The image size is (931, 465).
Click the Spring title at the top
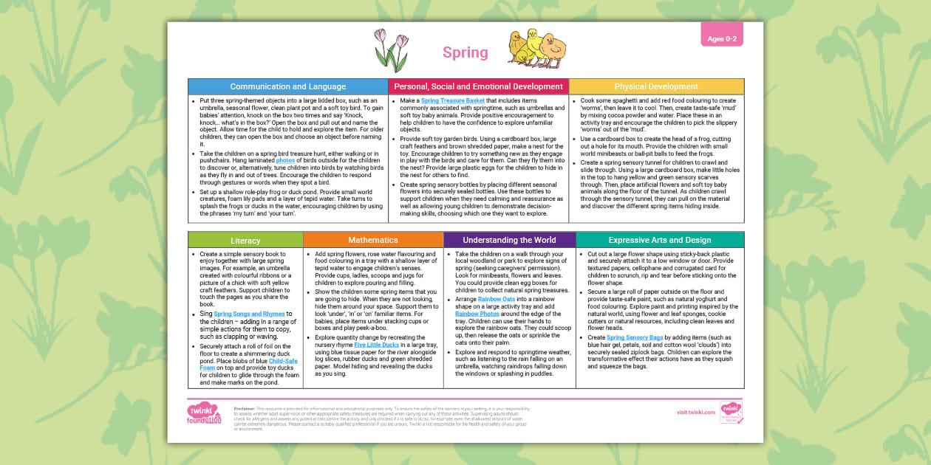(x=465, y=52)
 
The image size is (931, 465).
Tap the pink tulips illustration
(x=391, y=50)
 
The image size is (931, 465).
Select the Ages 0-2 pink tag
(x=722, y=38)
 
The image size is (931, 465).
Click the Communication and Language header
(x=288, y=86)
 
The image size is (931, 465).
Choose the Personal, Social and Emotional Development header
(x=478, y=86)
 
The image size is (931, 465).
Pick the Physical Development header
(x=656, y=86)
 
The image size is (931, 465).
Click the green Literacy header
(x=245, y=240)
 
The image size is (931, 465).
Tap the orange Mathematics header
(x=372, y=240)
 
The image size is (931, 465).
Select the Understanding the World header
(x=509, y=240)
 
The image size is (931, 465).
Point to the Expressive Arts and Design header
(x=660, y=240)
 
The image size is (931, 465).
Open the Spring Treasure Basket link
(x=453, y=100)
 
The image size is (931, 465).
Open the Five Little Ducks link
(x=376, y=345)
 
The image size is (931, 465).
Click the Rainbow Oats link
(x=495, y=299)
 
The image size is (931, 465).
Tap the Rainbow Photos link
(x=477, y=314)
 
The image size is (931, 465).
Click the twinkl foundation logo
(x=205, y=413)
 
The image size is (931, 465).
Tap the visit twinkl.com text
(x=695, y=412)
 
